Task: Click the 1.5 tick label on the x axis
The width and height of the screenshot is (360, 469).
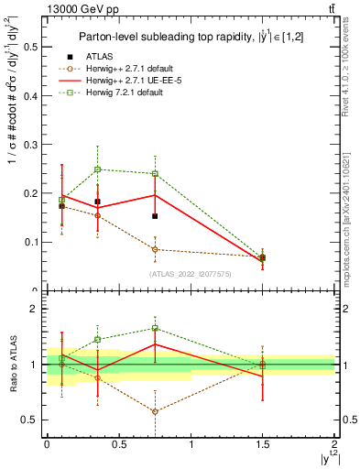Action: pyautogui.click(x=263, y=444)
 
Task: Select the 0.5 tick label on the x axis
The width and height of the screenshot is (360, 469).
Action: pyautogui.click(x=119, y=444)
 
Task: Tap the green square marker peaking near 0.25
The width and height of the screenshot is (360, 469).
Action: pyautogui.click(x=98, y=169)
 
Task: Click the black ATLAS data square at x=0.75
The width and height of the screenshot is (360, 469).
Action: pyautogui.click(x=156, y=216)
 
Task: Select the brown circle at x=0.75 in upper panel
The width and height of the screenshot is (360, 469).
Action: pyautogui.click(x=156, y=249)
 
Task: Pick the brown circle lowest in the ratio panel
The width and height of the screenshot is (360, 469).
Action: pyautogui.click(x=156, y=411)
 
